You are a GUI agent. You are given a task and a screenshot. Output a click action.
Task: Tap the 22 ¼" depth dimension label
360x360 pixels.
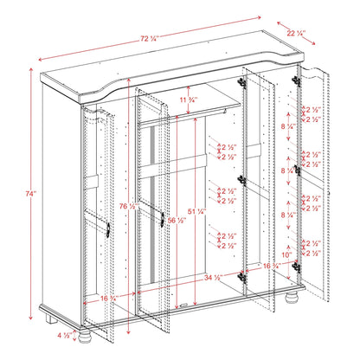pyautogui.click(x=301, y=34)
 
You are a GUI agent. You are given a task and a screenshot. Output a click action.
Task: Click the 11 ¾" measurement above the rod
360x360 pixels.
pyautogui.click(x=199, y=100)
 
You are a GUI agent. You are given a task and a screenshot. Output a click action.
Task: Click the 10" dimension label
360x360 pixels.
pyautogui.click(x=286, y=255)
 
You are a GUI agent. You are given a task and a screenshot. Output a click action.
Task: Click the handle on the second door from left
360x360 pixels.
pyautogui.click(x=160, y=219)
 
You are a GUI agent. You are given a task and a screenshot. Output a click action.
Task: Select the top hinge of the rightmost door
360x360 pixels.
pyautogui.click(x=296, y=79)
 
